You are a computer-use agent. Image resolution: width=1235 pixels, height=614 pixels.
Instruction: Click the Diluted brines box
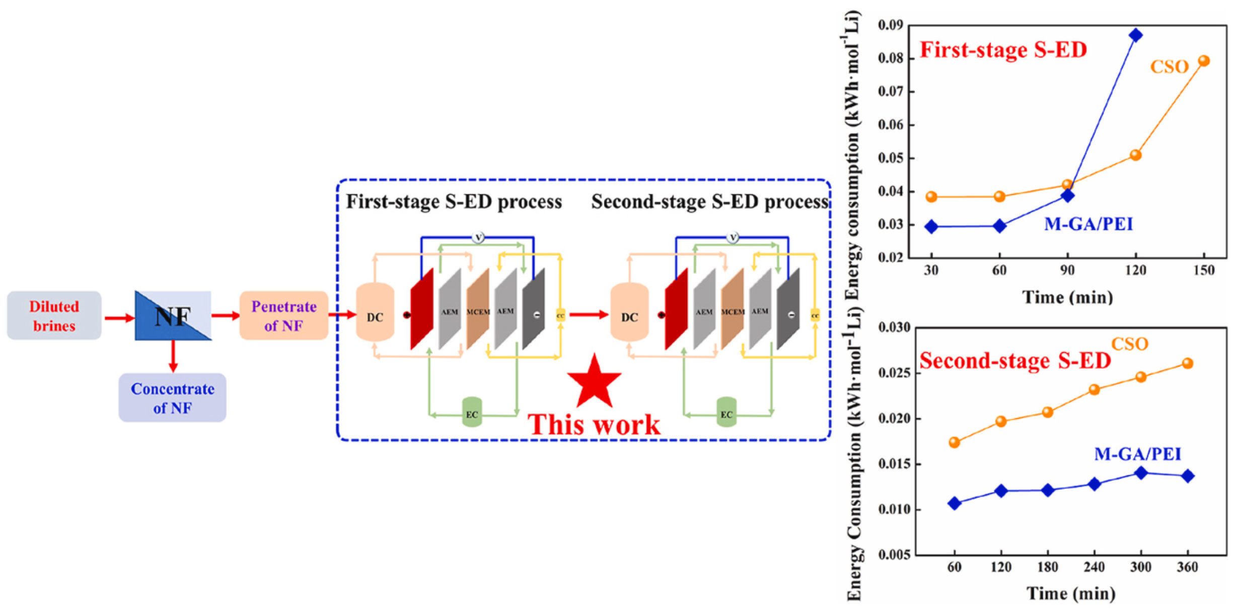pos(54,315)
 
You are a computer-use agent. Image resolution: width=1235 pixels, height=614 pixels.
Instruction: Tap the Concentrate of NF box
pos(172,397)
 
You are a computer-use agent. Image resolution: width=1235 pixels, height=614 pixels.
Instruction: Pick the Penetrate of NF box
pos(283,315)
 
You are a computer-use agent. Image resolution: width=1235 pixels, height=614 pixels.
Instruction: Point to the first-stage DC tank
pos(375,312)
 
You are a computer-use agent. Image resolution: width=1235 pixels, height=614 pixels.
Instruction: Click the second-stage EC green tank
pos(726,413)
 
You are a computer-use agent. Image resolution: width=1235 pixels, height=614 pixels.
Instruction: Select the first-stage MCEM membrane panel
pos(477,309)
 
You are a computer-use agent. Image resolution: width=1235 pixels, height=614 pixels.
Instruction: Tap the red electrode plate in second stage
pos(676,309)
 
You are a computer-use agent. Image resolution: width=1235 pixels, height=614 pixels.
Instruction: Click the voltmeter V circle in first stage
pos(478,237)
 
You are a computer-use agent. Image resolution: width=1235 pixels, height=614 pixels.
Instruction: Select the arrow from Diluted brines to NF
pos(119,318)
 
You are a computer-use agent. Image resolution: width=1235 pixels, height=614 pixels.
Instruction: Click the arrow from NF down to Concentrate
pos(173,357)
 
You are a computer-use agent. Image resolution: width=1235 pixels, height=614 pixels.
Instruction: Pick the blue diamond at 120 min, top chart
pos(1135,35)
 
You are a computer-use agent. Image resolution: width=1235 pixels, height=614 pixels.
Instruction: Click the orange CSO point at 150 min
pos(1204,61)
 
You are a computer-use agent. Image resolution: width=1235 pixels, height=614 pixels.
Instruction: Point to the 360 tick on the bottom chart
pos(1187,567)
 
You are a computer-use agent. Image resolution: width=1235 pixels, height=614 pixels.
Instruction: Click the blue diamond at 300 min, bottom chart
pos(1141,472)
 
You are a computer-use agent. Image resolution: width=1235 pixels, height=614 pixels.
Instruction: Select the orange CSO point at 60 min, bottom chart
pos(954,442)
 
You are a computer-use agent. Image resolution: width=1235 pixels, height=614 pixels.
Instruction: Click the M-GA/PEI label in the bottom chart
pos(1137,454)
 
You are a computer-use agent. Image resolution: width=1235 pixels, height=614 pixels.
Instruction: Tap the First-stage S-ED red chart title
pos(1003,50)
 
